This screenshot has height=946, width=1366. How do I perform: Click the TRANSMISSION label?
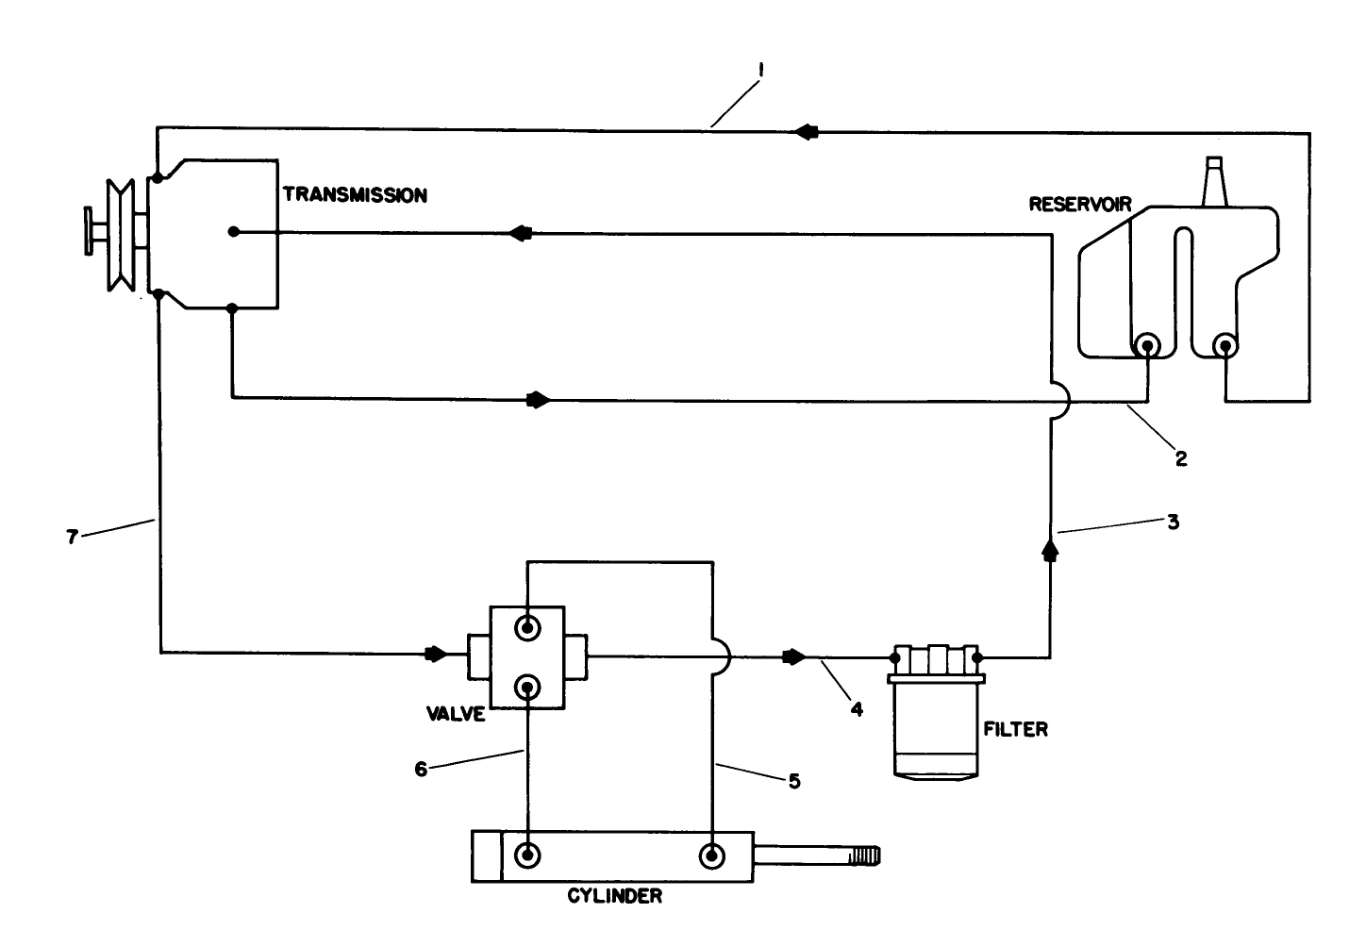click(355, 195)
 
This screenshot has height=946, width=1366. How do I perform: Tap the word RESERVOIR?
click(1079, 204)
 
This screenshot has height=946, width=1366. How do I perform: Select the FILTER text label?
click(1015, 729)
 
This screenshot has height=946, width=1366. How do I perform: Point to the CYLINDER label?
click(614, 896)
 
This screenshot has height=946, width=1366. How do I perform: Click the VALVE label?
click(455, 714)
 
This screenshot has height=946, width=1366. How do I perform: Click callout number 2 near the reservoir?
click(1179, 459)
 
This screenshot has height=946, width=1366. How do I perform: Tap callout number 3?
click(1173, 521)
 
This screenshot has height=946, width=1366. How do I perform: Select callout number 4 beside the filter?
click(857, 709)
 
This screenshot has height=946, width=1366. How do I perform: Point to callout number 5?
click(794, 781)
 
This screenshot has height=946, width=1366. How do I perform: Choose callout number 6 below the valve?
click(422, 769)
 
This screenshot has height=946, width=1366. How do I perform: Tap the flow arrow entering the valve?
click(435, 654)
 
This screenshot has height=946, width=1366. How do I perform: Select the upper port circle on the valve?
click(527, 627)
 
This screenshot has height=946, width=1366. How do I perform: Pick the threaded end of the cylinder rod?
click(864, 855)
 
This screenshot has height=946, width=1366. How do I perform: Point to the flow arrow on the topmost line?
click(807, 132)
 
